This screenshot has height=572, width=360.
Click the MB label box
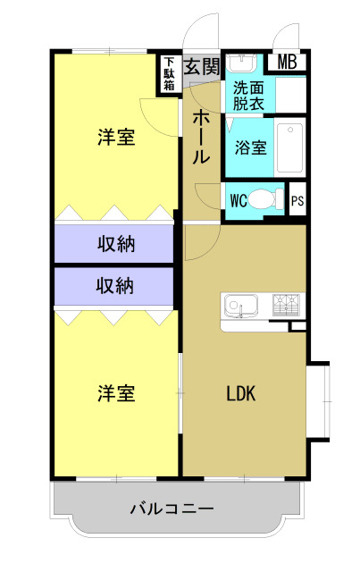coord(288,62)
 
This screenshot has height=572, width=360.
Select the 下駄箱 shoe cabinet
coord(170,74)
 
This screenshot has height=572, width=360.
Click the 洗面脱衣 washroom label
coord(248,96)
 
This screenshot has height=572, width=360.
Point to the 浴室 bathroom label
coord(250,147)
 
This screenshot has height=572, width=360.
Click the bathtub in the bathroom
coord(289,147)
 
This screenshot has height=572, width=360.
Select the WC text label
coord(239,200)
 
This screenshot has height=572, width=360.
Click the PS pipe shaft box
coord(297,200)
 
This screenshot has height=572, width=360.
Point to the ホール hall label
coord(202,137)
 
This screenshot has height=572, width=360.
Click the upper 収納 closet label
coord(115,243)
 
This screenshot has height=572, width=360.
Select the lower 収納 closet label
coord(115,286)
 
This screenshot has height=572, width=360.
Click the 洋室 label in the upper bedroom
coord(116,138)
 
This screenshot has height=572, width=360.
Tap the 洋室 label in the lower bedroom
coord(116,393)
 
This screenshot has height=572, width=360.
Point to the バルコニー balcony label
coord(172,509)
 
